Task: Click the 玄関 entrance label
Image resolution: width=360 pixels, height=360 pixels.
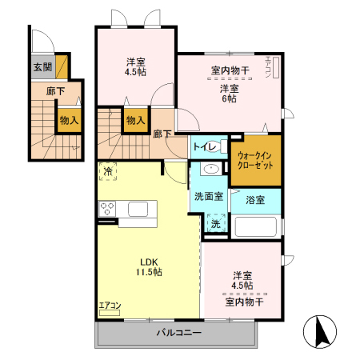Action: coord(42,67)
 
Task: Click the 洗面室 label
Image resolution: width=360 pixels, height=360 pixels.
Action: coord(208,196)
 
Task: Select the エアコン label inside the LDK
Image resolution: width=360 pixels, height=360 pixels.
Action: coord(110,306)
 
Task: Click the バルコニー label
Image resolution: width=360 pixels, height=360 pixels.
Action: coord(178,333)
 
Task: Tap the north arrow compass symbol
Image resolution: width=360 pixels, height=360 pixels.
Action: coord(321,331)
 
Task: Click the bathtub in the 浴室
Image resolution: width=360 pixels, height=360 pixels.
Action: coord(256,226)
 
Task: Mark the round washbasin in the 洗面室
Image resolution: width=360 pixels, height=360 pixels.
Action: coord(212,170)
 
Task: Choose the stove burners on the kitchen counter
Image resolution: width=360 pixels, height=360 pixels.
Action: coord(108,210)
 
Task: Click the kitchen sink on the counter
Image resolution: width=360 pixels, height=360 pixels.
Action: coord(138,210)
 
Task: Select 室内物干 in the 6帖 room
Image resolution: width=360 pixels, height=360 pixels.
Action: coord(230,71)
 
